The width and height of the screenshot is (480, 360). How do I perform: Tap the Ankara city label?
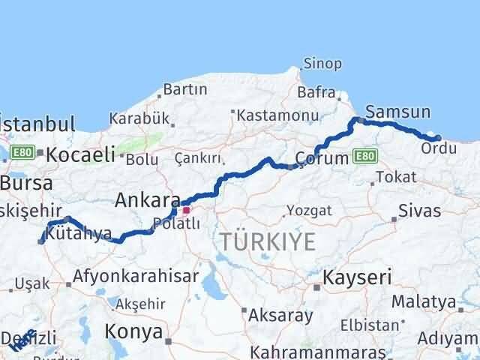(x=147, y=201)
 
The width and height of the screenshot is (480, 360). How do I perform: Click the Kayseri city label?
(x=357, y=277)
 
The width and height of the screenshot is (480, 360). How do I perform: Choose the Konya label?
(x=133, y=331)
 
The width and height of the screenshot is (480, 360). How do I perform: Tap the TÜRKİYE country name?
(x=267, y=241)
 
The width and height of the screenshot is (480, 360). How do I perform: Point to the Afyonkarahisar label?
(x=135, y=275)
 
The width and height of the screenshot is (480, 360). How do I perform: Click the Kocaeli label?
(x=80, y=155)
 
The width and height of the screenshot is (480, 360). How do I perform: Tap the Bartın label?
(x=184, y=89)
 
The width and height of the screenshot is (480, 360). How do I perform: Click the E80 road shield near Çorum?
(x=364, y=155)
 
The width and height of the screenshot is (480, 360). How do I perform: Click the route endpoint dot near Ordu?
(x=438, y=137)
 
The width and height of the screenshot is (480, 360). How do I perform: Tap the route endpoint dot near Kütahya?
(x=41, y=241)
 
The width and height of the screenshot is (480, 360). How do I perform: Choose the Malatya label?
(x=448, y=302)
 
